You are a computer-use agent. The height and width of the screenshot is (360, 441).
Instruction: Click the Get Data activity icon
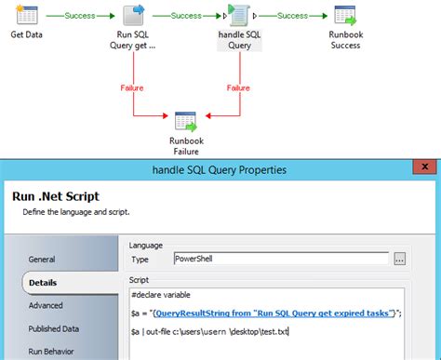click(x=28, y=16)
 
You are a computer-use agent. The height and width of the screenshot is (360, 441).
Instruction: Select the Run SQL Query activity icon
click(x=135, y=16)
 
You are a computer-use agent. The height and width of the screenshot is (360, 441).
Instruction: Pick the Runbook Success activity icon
click(x=346, y=16)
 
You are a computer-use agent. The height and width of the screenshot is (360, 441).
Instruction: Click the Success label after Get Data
click(x=80, y=16)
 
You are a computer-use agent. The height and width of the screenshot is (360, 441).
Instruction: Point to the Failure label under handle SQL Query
click(x=241, y=87)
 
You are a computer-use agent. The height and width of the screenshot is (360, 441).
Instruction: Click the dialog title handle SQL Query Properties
click(x=220, y=169)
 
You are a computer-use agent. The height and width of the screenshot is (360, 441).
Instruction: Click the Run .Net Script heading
click(x=57, y=197)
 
